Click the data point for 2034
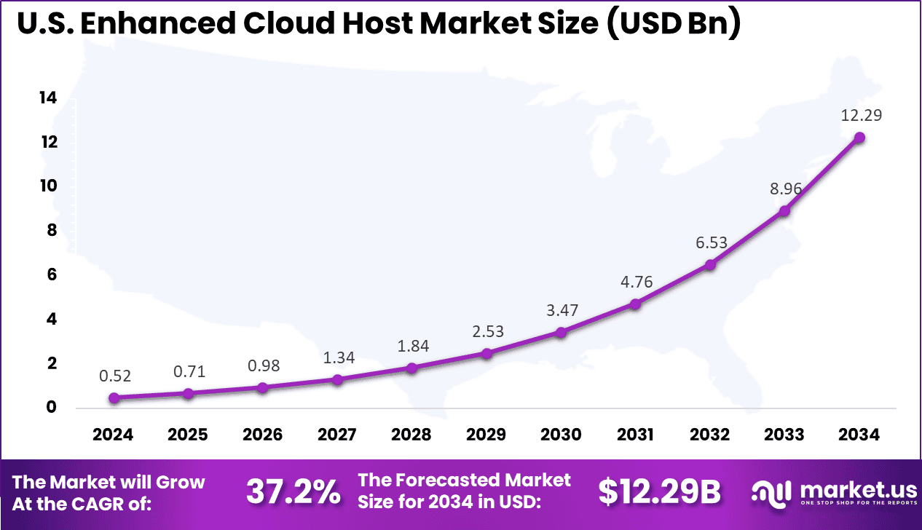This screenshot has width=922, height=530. pyautogui.click(x=859, y=138)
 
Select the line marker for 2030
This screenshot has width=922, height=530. pyautogui.click(x=561, y=333)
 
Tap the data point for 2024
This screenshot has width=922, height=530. pyautogui.click(x=114, y=398)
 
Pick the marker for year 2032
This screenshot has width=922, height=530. pyautogui.click(x=710, y=265)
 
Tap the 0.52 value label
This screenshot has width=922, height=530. pyautogui.click(x=114, y=376)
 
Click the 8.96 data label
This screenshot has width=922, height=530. pyautogui.click(x=784, y=189)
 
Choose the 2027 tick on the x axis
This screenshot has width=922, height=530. pyautogui.click(x=337, y=435)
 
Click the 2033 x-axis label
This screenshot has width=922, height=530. pyautogui.click(x=784, y=435)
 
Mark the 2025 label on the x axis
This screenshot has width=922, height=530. pyautogui.click(x=188, y=435)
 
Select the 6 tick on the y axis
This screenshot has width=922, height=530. pyautogui.click(x=52, y=275)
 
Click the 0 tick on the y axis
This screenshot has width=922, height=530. pyautogui.click(x=52, y=408)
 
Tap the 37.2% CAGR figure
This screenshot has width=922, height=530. pyautogui.click(x=293, y=493)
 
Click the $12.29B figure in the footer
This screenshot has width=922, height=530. pyautogui.click(x=659, y=493)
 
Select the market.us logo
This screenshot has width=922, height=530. pyautogui.click(x=830, y=493)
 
